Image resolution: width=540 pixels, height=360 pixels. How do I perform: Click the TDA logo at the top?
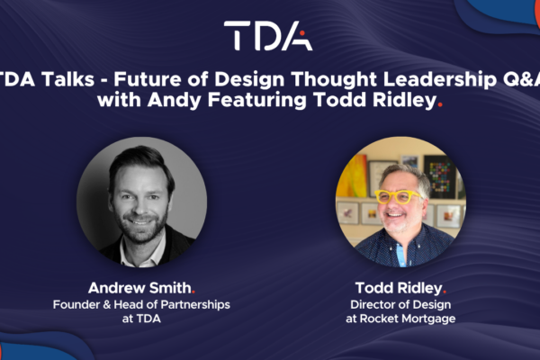268,35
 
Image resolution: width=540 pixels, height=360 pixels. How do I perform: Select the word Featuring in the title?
256,100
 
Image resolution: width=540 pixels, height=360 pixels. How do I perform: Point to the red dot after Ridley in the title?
439,106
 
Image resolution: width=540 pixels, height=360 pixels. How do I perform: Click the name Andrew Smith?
139,288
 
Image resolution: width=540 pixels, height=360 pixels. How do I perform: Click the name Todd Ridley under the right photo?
399,288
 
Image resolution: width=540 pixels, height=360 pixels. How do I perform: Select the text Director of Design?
400,304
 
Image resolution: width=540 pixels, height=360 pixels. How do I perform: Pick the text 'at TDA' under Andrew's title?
141,319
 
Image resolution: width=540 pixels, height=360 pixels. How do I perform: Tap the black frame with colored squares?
439,176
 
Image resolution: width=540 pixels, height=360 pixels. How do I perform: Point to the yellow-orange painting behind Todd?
352,176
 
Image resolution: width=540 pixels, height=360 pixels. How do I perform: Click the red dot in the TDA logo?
302,33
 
